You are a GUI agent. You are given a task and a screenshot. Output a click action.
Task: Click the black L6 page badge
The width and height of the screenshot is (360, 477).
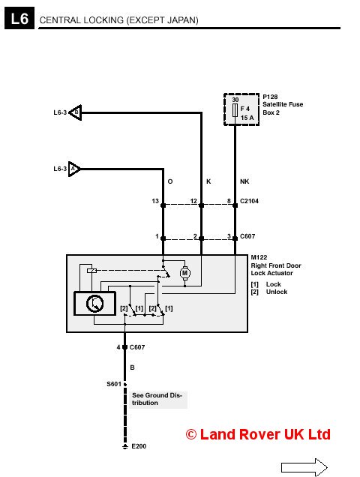click(x=19, y=18)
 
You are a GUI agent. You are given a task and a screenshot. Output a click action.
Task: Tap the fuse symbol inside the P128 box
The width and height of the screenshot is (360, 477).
click(x=235, y=110)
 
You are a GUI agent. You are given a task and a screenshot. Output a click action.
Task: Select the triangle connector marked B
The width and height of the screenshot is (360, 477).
click(x=76, y=112)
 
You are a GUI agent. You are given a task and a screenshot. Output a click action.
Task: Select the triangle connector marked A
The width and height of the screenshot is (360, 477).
click(x=74, y=169)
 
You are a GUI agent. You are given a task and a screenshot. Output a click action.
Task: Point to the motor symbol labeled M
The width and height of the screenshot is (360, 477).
click(x=184, y=273)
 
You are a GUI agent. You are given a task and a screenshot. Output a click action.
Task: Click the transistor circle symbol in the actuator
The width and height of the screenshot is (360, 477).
click(x=95, y=303)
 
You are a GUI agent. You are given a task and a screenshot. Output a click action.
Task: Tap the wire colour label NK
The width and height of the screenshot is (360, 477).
click(x=244, y=181)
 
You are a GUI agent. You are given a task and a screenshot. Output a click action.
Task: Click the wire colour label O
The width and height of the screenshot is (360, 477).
click(x=170, y=181)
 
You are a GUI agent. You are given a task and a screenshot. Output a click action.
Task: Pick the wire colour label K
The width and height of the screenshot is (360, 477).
click(x=208, y=181)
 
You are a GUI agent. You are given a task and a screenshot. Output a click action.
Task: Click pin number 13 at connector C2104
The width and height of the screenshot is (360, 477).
click(x=155, y=201)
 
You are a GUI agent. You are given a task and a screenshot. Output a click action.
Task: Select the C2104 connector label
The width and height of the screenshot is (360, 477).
click(x=249, y=201)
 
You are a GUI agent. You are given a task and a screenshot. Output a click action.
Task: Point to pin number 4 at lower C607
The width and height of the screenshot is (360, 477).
click(x=118, y=347)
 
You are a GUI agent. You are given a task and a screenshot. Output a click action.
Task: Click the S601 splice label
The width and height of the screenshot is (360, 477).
click(x=114, y=384)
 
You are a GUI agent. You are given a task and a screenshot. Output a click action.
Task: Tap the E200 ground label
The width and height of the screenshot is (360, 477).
click(x=139, y=446)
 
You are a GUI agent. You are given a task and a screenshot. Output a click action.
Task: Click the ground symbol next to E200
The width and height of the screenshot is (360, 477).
click(x=124, y=446)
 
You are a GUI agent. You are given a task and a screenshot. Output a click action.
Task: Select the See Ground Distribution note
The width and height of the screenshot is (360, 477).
click(x=157, y=399)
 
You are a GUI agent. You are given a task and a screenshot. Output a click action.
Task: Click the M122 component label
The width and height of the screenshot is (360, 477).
click(x=259, y=257)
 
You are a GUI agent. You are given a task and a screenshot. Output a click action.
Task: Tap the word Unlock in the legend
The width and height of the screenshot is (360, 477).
click(x=277, y=292)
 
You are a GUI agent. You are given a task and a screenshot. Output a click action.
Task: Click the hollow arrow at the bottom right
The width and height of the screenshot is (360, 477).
click(x=304, y=467)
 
